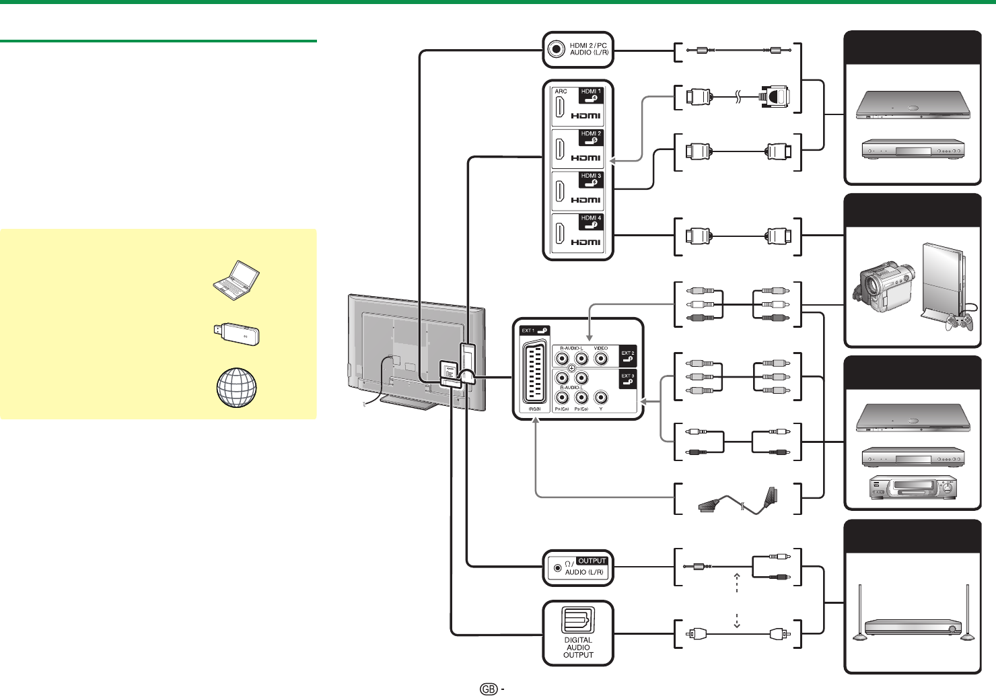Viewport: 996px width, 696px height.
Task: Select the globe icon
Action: click(x=236, y=388)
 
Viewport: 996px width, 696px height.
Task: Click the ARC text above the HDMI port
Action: click(x=561, y=92)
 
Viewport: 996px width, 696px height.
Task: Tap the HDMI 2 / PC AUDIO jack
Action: click(x=556, y=49)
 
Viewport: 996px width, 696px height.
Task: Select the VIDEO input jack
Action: click(x=601, y=359)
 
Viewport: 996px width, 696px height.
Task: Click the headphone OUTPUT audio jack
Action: click(x=557, y=568)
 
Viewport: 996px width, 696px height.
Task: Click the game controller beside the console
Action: click(x=960, y=322)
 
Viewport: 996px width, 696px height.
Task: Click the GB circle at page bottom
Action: click(x=489, y=689)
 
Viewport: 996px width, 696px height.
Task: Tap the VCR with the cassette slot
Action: click(x=912, y=487)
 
